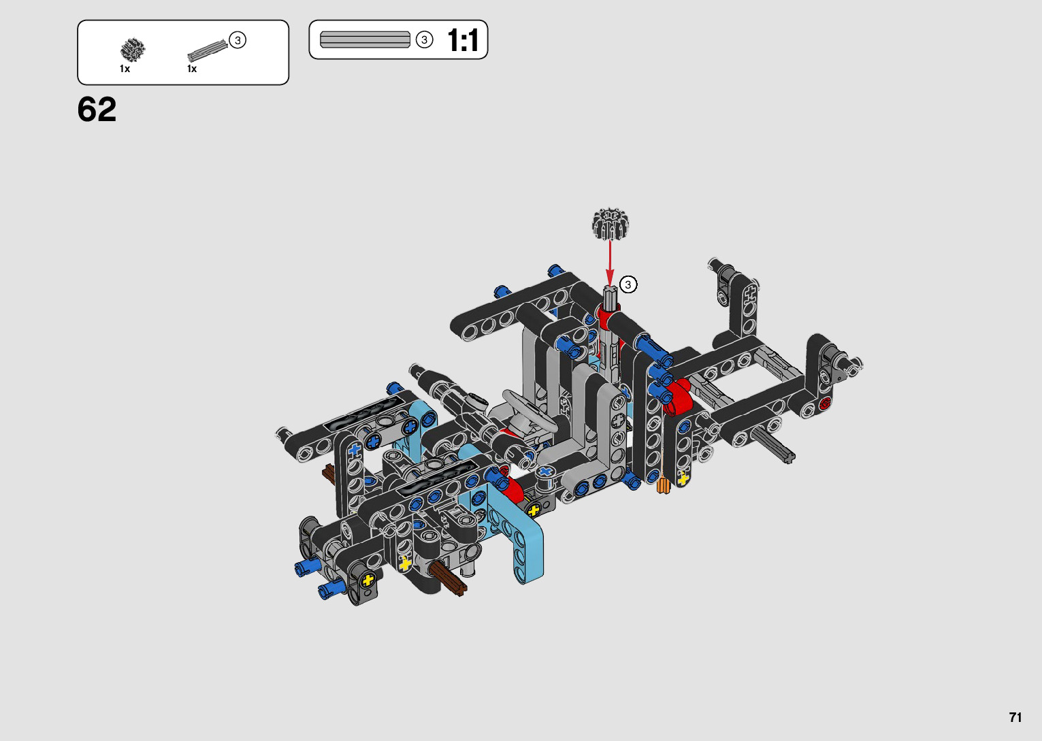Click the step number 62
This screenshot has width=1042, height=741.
pos(97,110)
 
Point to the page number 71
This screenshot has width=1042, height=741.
pos(1015,717)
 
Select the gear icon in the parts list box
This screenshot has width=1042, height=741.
pos(133,50)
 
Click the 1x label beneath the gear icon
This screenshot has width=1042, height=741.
pos(125,69)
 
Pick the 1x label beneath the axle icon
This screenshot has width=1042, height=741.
pos(192,69)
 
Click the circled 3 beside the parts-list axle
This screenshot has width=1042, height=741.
pos(238,40)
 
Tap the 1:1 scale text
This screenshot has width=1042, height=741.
pos(462,40)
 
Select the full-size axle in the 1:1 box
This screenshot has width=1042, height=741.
pos(365,39)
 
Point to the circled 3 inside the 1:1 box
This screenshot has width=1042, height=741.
pos(424,40)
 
